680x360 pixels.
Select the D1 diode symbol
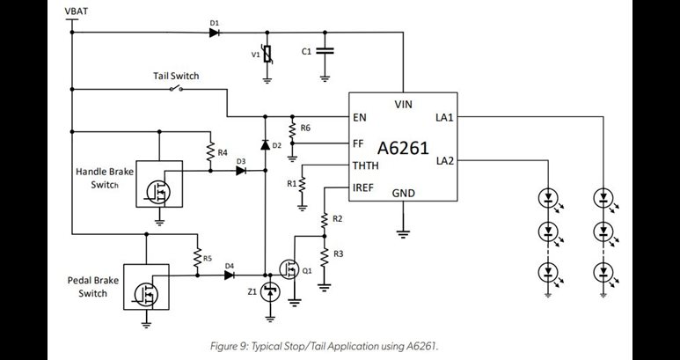(x=215, y=33)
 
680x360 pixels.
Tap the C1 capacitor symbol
(x=325, y=52)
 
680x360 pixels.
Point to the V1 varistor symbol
(x=267, y=54)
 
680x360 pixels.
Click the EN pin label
(x=359, y=117)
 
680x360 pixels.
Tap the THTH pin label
(x=366, y=165)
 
